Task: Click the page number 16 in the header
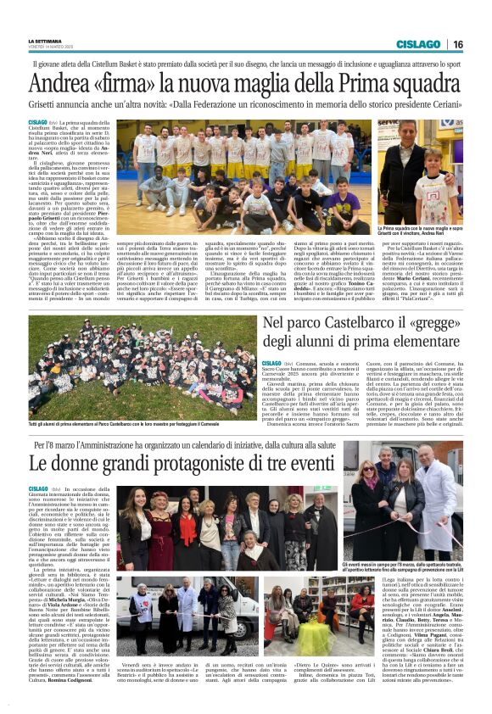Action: [x=456, y=45]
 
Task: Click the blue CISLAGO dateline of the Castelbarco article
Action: [x=273, y=362]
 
